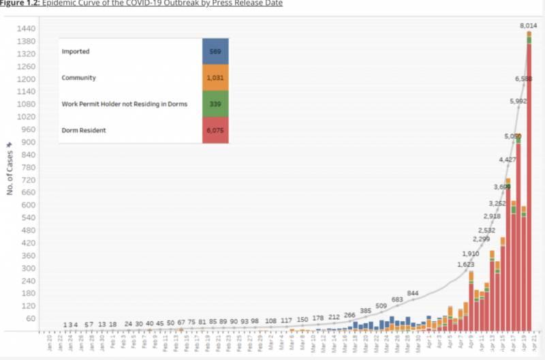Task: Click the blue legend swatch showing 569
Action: (215, 51)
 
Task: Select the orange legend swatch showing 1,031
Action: (215, 78)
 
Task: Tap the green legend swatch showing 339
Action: (215, 104)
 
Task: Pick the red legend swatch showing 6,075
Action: (215, 130)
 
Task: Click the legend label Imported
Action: (76, 51)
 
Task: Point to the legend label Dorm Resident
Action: (83, 130)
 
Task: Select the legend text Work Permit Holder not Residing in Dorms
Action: (124, 104)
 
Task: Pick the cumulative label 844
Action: (413, 293)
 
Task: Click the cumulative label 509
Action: (381, 305)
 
